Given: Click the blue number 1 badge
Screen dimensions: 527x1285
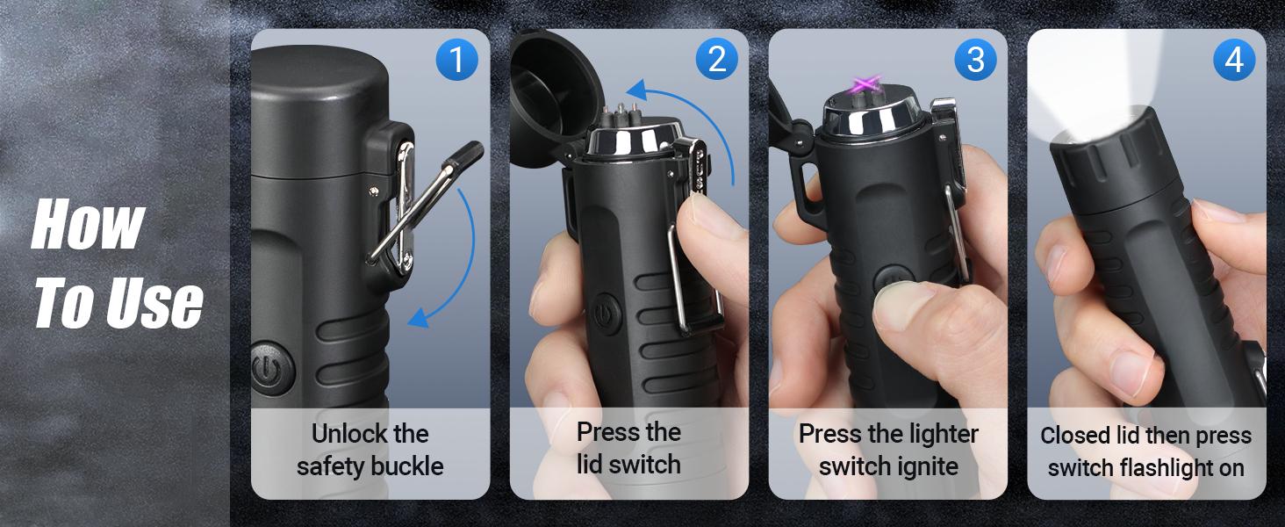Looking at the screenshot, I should pos(456,60).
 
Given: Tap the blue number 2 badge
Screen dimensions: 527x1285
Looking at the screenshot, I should pos(716,60).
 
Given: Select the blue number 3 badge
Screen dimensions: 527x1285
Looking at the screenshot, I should pos(975,60).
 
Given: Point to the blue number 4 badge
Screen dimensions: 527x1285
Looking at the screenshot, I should pos(1234,60).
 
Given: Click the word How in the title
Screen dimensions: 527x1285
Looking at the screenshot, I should pos(88,224).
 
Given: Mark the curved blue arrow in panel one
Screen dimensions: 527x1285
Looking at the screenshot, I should pos(456,263).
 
